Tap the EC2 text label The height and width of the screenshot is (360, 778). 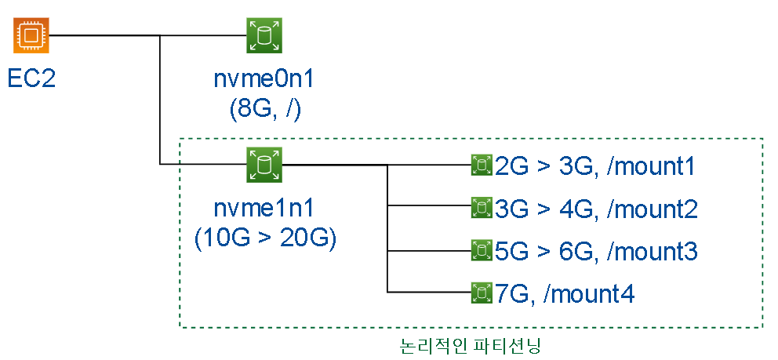coord(31,78)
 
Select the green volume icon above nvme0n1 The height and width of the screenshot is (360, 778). coord(264,36)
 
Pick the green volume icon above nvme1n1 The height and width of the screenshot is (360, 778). coord(264,164)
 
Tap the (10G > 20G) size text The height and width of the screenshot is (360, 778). coord(265,238)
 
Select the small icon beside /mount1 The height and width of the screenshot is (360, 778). coord(480,165)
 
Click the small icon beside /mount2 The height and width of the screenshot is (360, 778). coord(480,209)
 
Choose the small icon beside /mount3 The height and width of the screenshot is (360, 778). coord(480,251)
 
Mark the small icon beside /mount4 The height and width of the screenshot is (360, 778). coord(480,293)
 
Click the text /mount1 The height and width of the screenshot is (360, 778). coord(653,166)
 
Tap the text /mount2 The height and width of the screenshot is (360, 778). coord(653,209)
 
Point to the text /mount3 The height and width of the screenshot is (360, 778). coord(653,252)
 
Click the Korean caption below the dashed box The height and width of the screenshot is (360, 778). coord(471,344)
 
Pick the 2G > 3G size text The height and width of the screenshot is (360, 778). coord(544,166)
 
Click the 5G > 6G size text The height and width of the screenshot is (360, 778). coord(544,252)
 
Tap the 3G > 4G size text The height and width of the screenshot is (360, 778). coord(544,209)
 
